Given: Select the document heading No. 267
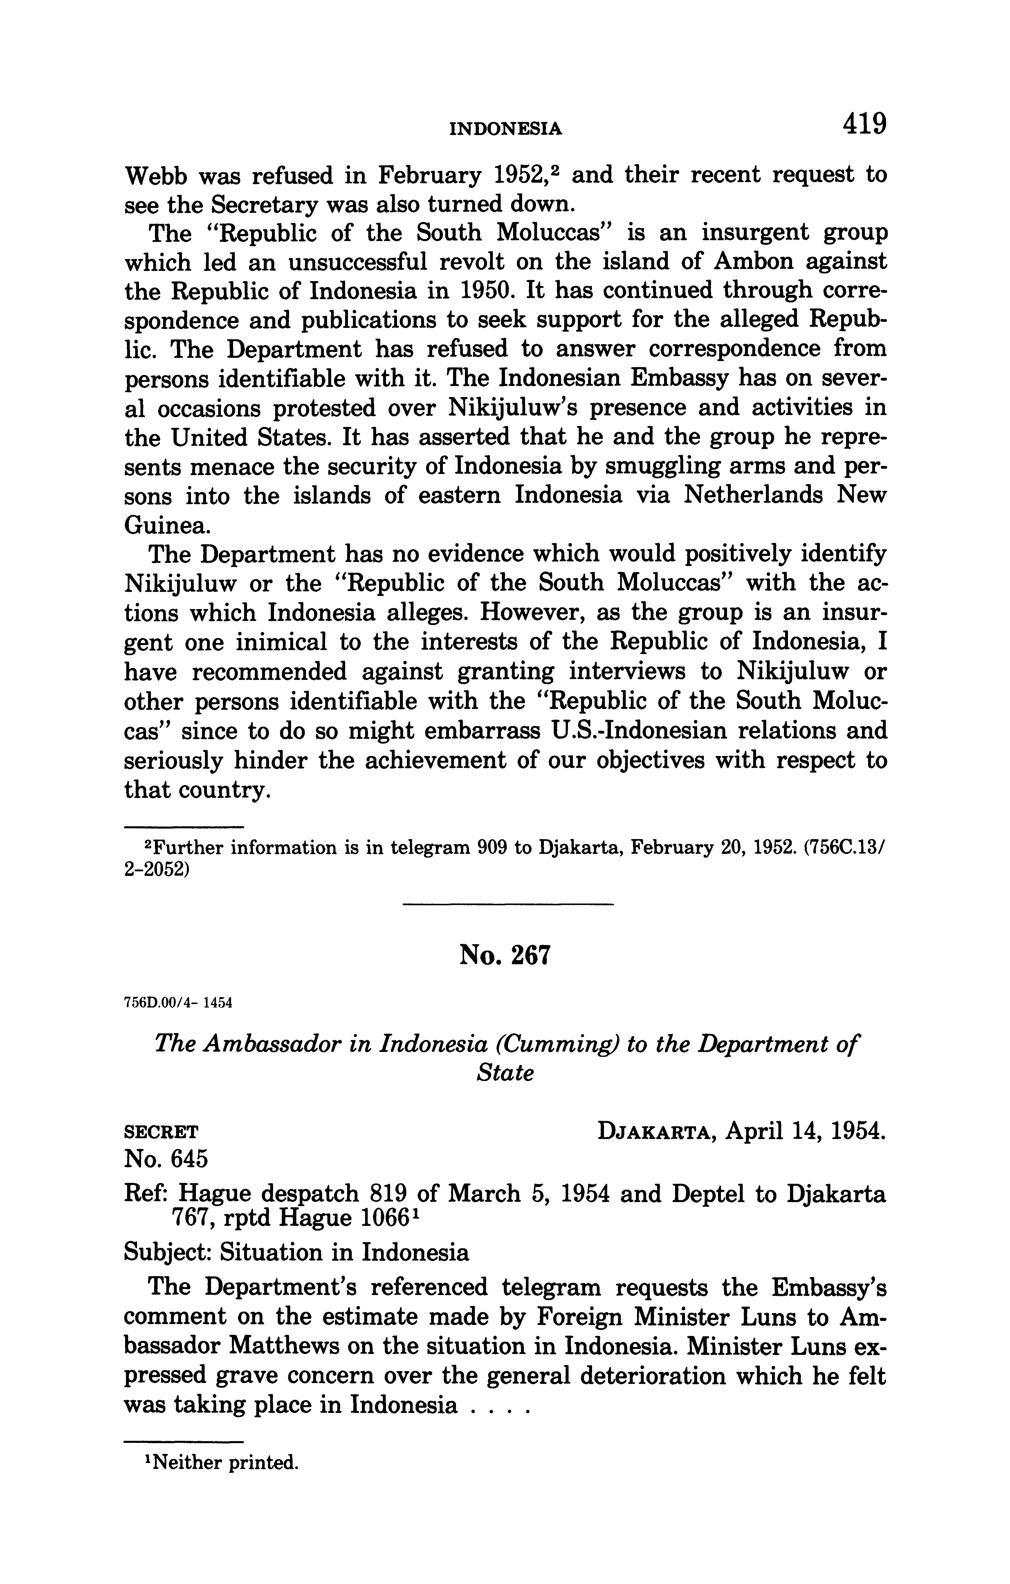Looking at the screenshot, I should (x=504, y=955).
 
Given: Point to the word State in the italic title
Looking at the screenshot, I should (x=504, y=1073).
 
